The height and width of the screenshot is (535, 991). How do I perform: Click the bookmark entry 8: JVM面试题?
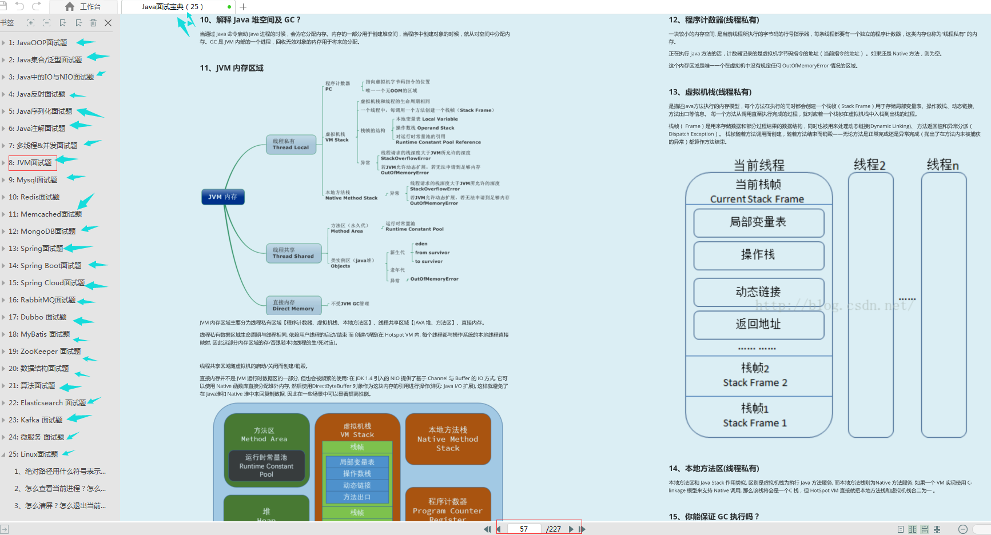(34, 163)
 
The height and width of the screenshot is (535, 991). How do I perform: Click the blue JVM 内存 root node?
(222, 197)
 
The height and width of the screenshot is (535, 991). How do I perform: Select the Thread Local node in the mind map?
(290, 144)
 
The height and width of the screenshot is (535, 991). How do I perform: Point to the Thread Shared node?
(293, 253)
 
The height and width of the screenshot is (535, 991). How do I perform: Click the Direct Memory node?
(293, 305)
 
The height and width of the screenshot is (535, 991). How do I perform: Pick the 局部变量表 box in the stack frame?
(758, 222)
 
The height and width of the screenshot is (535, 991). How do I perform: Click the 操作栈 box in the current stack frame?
(758, 255)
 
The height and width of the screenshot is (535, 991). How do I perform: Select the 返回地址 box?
(758, 325)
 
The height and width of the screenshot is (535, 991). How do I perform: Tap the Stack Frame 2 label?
(755, 383)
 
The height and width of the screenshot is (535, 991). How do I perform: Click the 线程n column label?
(942, 165)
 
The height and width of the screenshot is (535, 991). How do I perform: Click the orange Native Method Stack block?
(448, 439)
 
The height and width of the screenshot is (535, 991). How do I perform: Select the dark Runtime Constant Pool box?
(266, 466)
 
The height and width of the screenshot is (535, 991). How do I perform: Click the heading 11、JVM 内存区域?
(232, 68)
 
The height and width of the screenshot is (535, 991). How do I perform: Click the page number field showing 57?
(523, 529)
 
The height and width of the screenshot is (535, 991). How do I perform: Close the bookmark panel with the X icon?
(108, 23)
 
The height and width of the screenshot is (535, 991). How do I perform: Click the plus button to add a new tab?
(243, 7)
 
